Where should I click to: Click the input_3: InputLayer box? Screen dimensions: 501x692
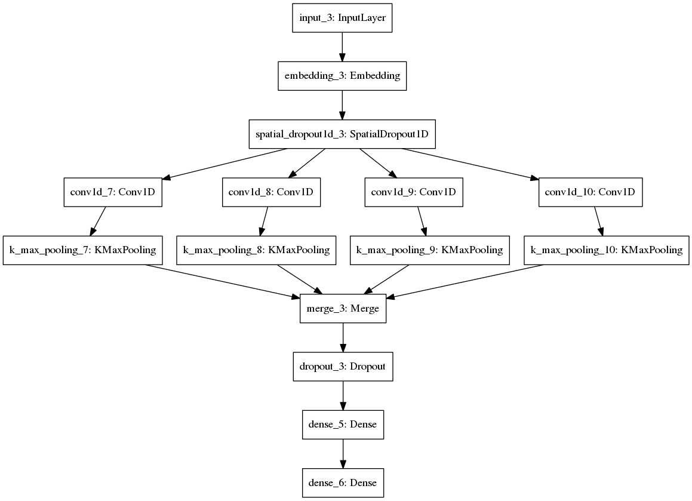[x=342, y=18]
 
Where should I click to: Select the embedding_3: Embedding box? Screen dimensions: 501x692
[x=342, y=76]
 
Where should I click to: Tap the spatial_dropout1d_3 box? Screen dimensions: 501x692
[x=342, y=134]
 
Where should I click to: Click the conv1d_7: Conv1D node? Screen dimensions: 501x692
[x=112, y=192]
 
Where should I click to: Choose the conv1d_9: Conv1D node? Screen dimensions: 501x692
[x=413, y=192]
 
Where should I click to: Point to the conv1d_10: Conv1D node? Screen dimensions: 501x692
[x=590, y=192]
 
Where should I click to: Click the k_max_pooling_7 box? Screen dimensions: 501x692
[x=83, y=250]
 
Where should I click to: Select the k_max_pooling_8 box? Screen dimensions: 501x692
[x=257, y=250]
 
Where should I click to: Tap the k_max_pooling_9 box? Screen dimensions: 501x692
[x=429, y=250]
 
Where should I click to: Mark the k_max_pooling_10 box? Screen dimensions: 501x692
[x=607, y=250]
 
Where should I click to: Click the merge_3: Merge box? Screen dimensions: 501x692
[x=342, y=308]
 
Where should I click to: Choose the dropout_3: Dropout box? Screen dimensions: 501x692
[x=342, y=366]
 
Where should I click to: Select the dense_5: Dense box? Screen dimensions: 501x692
[x=342, y=425]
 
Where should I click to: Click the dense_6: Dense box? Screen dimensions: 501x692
[x=342, y=482]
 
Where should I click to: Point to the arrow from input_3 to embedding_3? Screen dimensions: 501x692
[x=342, y=47]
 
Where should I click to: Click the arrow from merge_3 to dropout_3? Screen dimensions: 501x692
[x=342, y=337]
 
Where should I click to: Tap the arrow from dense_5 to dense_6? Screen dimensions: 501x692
[x=342, y=453]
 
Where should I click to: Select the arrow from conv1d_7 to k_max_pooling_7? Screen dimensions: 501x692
[x=98, y=222]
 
